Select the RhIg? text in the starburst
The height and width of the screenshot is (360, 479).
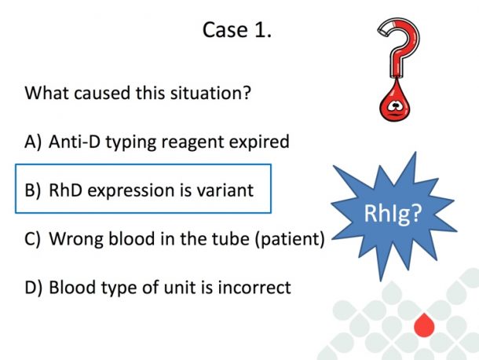pyautogui.click(x=393, y=213)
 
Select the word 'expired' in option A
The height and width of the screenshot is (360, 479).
pyautogui.click(x=259, y=142)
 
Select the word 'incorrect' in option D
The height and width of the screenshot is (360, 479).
pyautogui.click(x=254, y=288)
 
